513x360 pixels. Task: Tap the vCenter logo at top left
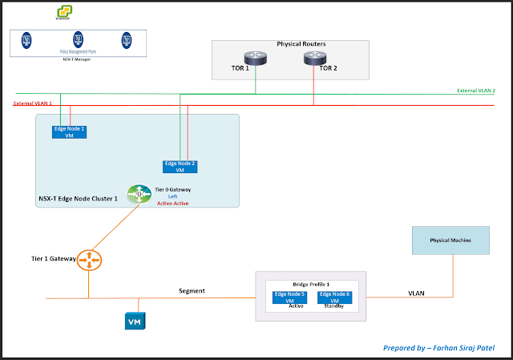(63, 12)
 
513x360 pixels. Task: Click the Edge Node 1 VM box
(69, 131)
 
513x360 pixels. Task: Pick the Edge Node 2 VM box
(180, 167)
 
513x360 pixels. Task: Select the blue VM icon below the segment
(135, 322)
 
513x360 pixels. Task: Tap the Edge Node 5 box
(289, 297)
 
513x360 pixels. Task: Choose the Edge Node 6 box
(335, 297)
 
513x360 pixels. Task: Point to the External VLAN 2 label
(476, 91)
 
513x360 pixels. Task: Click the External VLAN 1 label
(33, 103)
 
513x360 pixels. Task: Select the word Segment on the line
(192, 290)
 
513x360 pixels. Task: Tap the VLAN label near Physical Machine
(415, 293)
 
